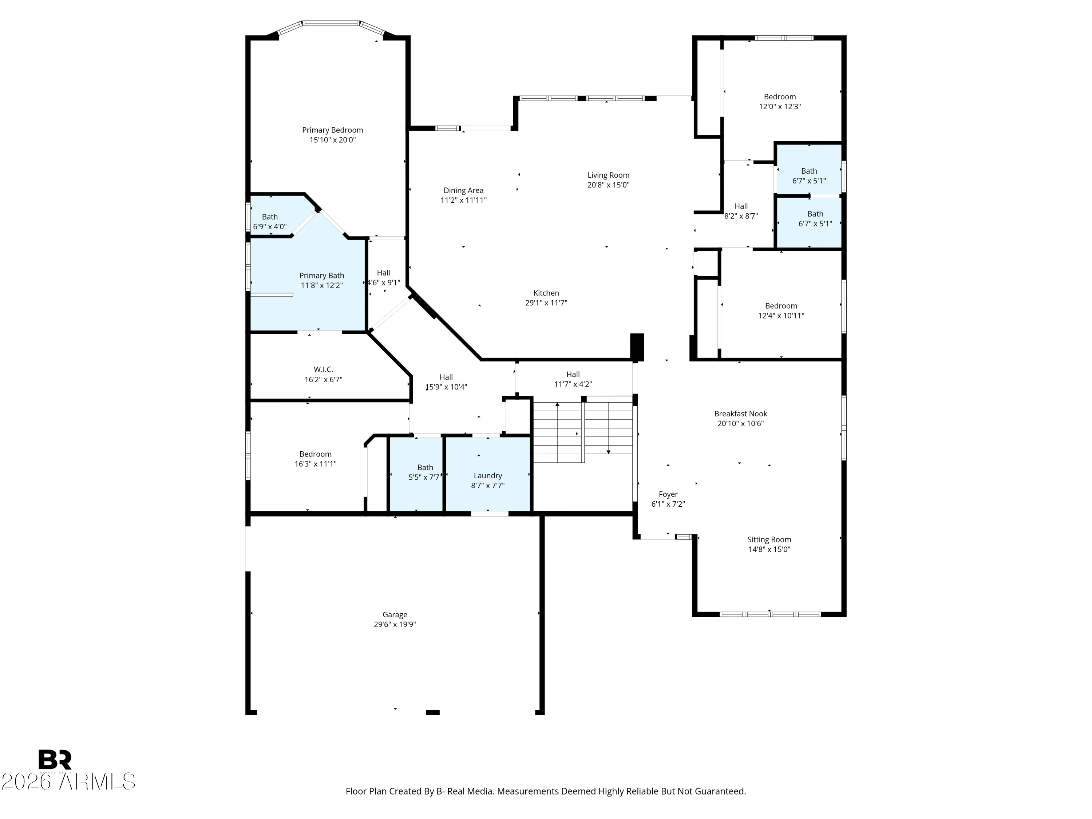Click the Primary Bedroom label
tap(332, 130)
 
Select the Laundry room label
tap(488, 475)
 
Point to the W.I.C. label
tap(323, 369)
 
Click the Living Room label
tap(608, 175)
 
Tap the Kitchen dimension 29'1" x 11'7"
tap(546, 302)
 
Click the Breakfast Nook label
tap(740, 414)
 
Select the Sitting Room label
tap(769, 539)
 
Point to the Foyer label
tap(668, 494)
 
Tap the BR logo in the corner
tap(55, 760)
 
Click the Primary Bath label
tap(322, 276)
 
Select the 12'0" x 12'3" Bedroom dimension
tap(780, 106)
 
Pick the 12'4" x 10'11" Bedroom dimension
tap(781, 316)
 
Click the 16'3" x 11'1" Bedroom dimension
tap(316, 464)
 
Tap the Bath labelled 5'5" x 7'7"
tap(425, 467)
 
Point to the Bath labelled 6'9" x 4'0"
tap(270, 217)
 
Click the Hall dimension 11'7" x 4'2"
tap(573, 384)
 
